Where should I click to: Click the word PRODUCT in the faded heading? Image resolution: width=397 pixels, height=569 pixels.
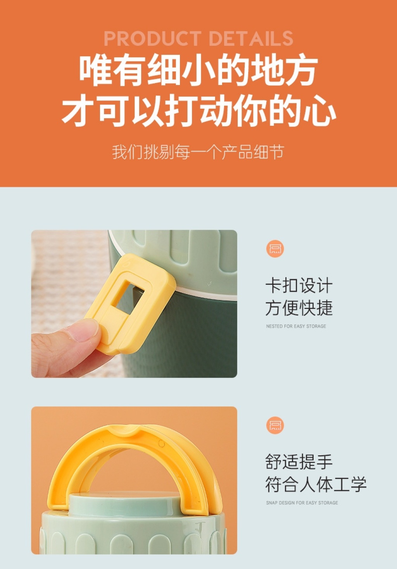coord(153,38)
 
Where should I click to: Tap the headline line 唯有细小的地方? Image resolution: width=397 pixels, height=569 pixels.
coord(198,69)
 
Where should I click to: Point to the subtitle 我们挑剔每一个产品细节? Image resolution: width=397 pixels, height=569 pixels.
coord(198,152)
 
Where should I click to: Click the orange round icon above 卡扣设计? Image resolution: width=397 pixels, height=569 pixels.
coord(275,248)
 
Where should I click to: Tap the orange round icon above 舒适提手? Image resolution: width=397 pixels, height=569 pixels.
coord(275,425)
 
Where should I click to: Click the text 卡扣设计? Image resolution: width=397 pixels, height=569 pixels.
coord(299,285)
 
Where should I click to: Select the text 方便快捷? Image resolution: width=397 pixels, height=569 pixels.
coord(299,308)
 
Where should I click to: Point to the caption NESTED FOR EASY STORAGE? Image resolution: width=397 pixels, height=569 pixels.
coord(296,326)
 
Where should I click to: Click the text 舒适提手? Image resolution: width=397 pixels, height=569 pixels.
coord(299,462)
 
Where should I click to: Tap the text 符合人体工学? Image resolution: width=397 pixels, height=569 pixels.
coord(316,484)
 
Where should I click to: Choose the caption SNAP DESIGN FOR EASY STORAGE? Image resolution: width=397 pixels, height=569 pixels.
coord(302,503)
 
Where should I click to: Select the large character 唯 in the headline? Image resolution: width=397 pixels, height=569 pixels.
coord(95,69)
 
